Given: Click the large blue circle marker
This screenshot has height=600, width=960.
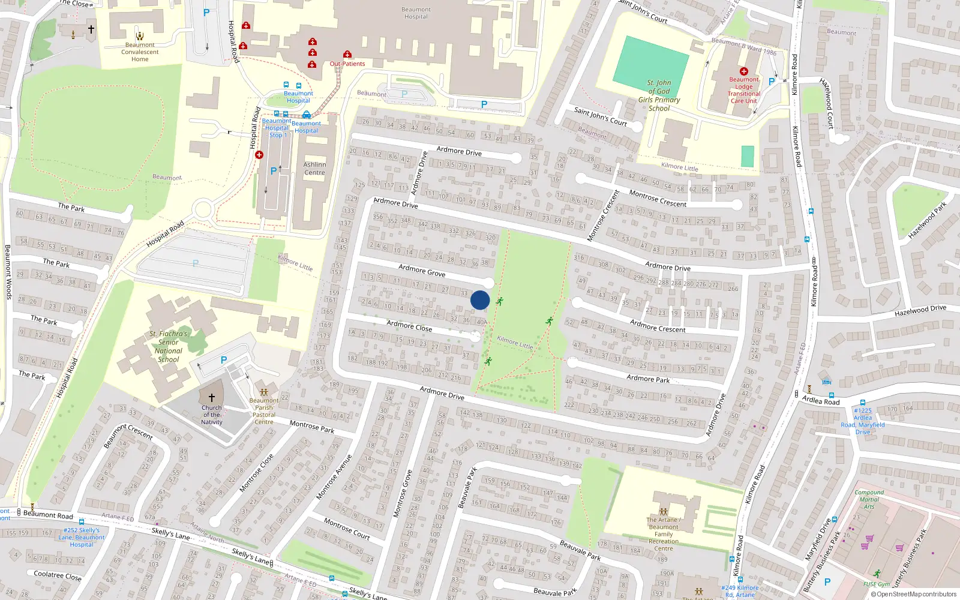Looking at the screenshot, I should [x=480, y=300].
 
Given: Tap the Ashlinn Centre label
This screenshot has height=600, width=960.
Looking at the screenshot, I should [x=314, y=169].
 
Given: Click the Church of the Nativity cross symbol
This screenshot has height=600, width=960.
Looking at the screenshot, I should [x=211, y=398].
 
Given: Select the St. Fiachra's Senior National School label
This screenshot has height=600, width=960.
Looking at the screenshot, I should [x=169, y=347].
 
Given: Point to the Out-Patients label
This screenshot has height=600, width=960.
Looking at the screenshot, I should [x=347, y=64].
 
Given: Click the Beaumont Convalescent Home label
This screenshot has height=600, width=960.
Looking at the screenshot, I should [x=140, y=52].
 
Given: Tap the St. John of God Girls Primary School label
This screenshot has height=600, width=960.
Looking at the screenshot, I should [x=659, y=95].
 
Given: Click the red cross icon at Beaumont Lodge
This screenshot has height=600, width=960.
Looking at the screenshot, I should [x=744, y=71].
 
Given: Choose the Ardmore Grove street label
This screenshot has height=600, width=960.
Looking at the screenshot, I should [x=422, y=271].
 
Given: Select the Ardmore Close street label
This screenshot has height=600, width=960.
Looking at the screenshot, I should [x=409, y=326].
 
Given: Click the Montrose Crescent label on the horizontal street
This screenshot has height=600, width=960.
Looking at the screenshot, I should [x=658, y=199].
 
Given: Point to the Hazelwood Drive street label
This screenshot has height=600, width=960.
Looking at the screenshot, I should [x=920, y=311].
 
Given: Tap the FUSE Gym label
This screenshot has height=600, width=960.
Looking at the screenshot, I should [x=877, y=584].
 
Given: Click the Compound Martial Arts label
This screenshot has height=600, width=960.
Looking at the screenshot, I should [x=869, y=499].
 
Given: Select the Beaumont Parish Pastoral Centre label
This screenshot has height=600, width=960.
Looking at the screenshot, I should [x=264, y=411].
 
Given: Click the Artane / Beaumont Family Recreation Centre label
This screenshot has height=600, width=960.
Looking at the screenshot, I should [x=664, y=534].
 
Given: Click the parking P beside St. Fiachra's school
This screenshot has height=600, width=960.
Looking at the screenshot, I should [x=224, y=360].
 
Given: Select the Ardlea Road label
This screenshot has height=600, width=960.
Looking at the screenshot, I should [x=821, y=400].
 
